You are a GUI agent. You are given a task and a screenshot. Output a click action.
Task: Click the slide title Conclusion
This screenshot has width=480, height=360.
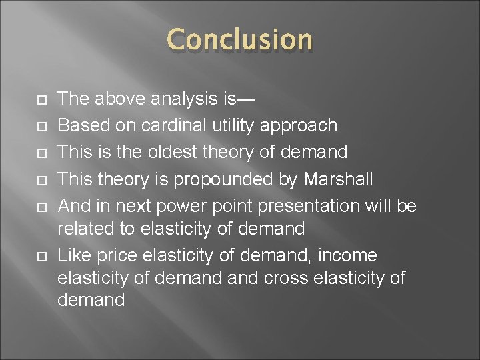point(240,40)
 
